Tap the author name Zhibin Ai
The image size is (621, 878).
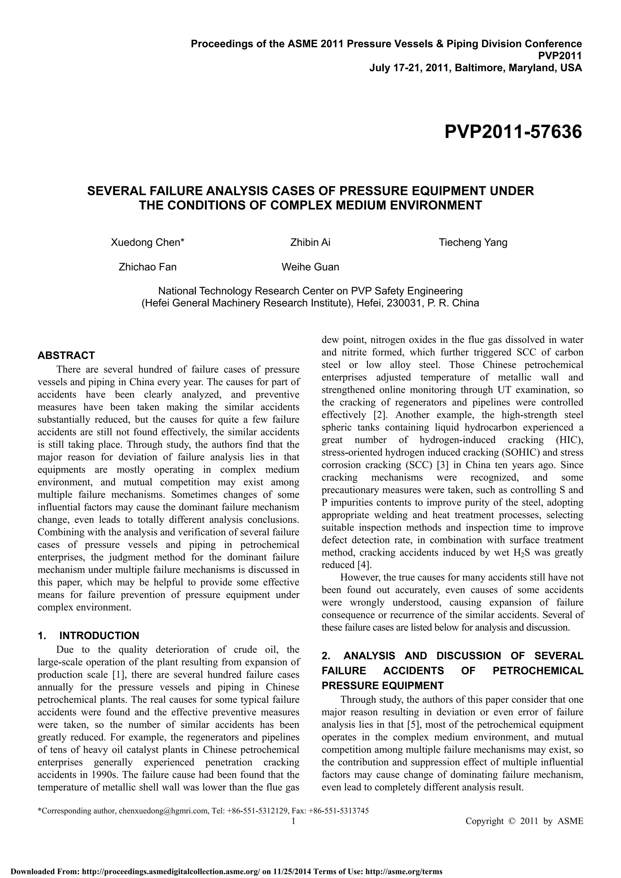310,242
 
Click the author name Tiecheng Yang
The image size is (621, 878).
473,242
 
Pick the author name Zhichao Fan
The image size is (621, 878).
148,267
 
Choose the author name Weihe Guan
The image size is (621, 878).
310,267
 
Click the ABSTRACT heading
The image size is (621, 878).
66,355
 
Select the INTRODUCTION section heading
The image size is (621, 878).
99,636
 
